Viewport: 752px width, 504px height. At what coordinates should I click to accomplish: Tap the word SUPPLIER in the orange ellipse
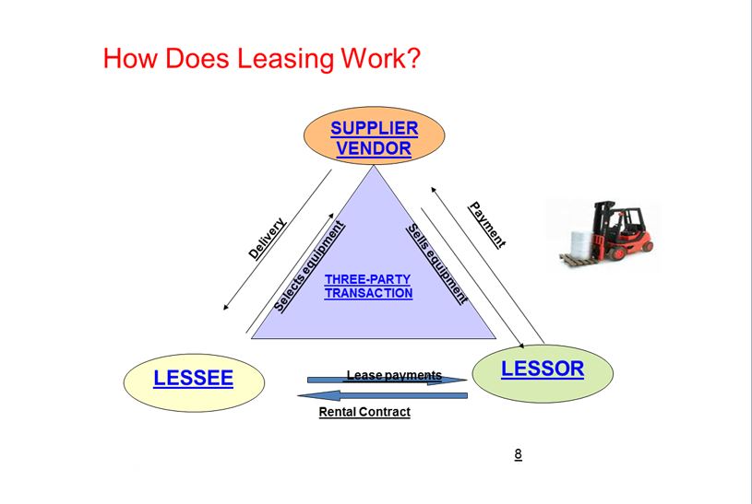point(374,128)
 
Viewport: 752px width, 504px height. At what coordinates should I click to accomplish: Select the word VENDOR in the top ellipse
point(374,148)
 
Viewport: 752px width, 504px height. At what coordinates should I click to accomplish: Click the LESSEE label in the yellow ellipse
point(194,378)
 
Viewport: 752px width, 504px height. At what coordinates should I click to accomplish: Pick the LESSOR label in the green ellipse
point(543,369)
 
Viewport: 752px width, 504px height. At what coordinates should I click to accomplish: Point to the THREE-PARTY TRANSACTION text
point(368,287)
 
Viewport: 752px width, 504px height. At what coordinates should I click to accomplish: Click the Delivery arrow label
point(267,238)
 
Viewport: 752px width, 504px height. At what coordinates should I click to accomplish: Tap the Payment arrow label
point(487,225)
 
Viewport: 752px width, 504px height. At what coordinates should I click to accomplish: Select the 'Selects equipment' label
point(309,265)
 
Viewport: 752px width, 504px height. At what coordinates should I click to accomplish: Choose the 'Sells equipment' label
point(437,264)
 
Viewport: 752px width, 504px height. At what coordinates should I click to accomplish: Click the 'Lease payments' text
point(394,375)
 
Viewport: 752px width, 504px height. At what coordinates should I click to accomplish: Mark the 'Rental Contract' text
point(364,412)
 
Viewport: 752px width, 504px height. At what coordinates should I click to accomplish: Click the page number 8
point(519,453)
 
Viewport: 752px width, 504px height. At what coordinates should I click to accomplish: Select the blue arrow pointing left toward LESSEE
point(383,395)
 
